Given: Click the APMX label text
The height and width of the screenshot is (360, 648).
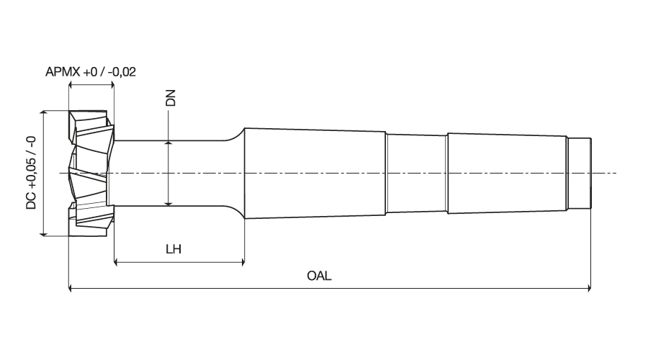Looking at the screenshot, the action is point(63,72).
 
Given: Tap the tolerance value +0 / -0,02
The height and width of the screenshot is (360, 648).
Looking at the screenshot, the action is point(109,72).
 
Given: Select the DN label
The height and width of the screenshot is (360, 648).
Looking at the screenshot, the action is point(170,98).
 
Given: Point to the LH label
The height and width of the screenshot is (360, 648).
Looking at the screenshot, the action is point(174,249).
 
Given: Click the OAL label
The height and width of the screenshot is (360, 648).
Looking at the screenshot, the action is point(319,276).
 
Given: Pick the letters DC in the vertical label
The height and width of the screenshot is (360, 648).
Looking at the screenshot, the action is point(32,201).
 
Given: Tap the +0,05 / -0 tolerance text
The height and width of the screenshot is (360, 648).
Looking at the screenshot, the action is point(32,163).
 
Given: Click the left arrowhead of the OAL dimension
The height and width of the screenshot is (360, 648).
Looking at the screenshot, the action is point(71,288).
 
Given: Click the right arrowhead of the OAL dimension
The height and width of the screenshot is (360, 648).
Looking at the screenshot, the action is point(588,288).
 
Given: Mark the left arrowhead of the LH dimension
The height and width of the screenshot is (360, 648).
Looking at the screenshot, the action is point(117,261).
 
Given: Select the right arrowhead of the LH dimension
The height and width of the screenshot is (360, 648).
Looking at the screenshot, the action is point(242,261).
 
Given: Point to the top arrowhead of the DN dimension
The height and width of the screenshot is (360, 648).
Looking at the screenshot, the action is point(168,144).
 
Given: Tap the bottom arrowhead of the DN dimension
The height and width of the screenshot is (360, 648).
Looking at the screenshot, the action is point(168,202).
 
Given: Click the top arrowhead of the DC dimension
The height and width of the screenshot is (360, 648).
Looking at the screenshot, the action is point(43,114).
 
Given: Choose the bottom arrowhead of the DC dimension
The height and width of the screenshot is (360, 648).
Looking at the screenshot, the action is point(43,233).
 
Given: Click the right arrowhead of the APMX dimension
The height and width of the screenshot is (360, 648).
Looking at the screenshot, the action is point(111,85).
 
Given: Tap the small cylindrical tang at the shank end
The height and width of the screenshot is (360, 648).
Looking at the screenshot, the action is point(579,174).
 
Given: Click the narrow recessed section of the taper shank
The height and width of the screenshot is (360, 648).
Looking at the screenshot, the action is point(417,174).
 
